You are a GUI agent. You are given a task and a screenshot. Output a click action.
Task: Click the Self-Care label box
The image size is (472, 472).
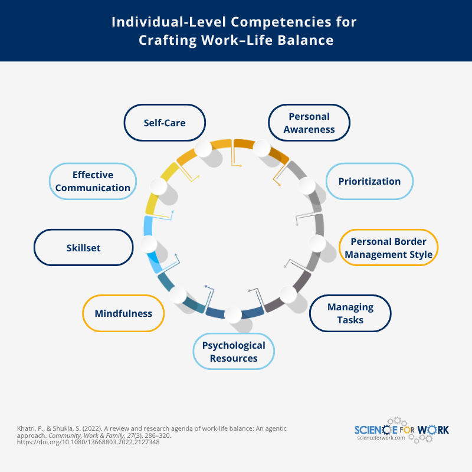coord(165,123)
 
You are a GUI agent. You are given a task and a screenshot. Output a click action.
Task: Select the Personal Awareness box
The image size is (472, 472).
coord(309,123)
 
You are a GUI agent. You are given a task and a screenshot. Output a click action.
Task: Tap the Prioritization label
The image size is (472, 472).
coord(369,181)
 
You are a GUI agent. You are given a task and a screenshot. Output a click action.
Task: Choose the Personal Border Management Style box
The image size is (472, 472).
coord(389,248)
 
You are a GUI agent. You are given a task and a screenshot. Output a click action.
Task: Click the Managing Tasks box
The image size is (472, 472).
coord(350,313)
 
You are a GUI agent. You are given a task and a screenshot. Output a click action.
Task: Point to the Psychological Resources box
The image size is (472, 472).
coord(234,352)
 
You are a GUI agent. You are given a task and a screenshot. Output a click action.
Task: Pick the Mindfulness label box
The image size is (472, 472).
coord(123,313)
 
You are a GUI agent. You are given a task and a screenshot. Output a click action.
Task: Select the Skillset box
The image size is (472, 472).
coord(83,248)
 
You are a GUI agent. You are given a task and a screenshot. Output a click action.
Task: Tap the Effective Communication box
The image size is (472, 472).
coord(93,181)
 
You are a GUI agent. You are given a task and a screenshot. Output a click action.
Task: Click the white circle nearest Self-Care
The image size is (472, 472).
coord(203,149)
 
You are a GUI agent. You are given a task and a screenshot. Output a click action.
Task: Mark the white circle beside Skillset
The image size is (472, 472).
coord(149,244)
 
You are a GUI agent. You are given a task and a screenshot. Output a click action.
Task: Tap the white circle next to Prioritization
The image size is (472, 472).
coord(307,186)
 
